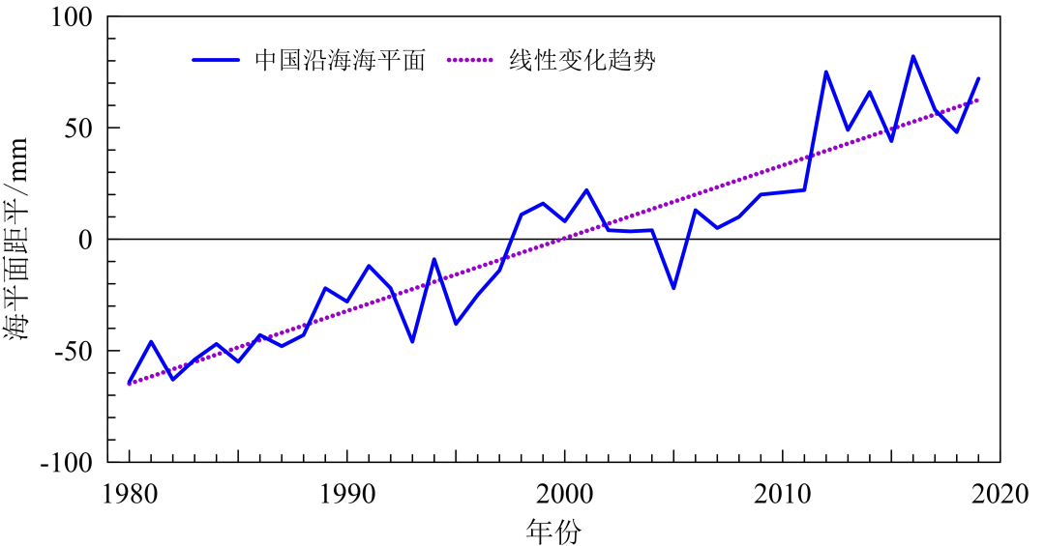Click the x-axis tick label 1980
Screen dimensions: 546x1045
[129, 495]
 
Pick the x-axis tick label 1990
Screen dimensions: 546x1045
[346, 495]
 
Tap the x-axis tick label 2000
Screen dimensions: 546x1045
[564, 495]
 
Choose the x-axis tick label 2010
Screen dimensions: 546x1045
[782, 495]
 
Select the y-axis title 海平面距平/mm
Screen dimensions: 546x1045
[21, 239]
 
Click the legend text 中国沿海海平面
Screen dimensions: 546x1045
[340, 60]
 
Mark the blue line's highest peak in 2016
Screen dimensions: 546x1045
[912, 56]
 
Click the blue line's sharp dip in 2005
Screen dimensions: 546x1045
[673, 288]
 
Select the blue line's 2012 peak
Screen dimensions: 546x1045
[825, 72]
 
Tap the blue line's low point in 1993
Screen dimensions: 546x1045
[412, 341]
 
